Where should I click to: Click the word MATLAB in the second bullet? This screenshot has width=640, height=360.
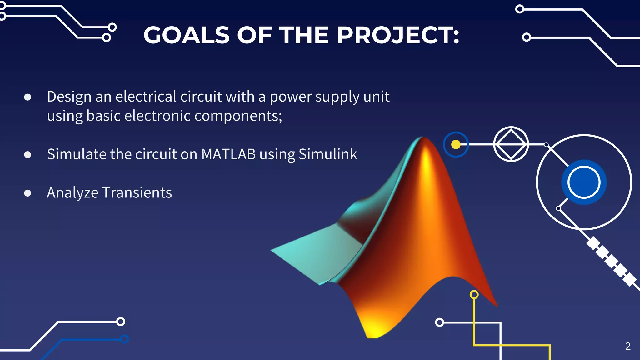point(228,154)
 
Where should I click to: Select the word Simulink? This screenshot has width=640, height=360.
point(328,154)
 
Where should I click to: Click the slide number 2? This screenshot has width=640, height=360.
point(628,346)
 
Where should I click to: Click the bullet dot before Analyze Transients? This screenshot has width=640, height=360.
point(27,193)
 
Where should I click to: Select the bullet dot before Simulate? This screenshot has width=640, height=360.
point(27,155)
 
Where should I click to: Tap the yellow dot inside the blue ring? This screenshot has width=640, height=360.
point(456,144)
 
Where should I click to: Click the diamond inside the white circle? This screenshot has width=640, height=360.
point(511,144)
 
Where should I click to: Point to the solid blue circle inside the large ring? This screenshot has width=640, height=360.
point(584,182)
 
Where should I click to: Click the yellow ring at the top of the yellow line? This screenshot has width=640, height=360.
point(474,294)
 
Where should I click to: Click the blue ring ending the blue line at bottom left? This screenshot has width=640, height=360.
point(125,339)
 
